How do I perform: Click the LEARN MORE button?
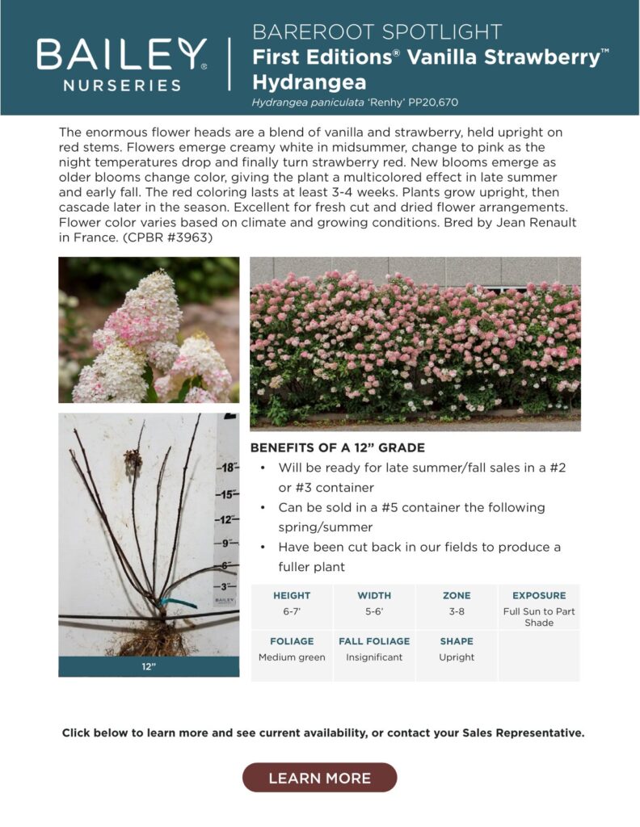pos(319,778)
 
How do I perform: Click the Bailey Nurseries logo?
pos(122,63)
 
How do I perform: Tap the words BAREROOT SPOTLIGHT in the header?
pos(377,32)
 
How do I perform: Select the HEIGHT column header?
pos(292,595)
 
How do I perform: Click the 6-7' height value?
pos(292,611)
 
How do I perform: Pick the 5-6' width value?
pos(373,611)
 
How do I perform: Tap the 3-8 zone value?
pos(457,611)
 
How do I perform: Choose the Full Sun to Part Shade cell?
pos(539,617)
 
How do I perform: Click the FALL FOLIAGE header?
pos(374,641)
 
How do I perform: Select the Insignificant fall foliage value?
pos(374,657)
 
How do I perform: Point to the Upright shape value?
pos(457,657)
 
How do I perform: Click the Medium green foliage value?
pos(292,657)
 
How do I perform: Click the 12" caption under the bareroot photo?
pos(149,667)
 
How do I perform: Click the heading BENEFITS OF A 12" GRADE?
pos(337,448)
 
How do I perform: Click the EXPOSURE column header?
pos(539,595)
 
